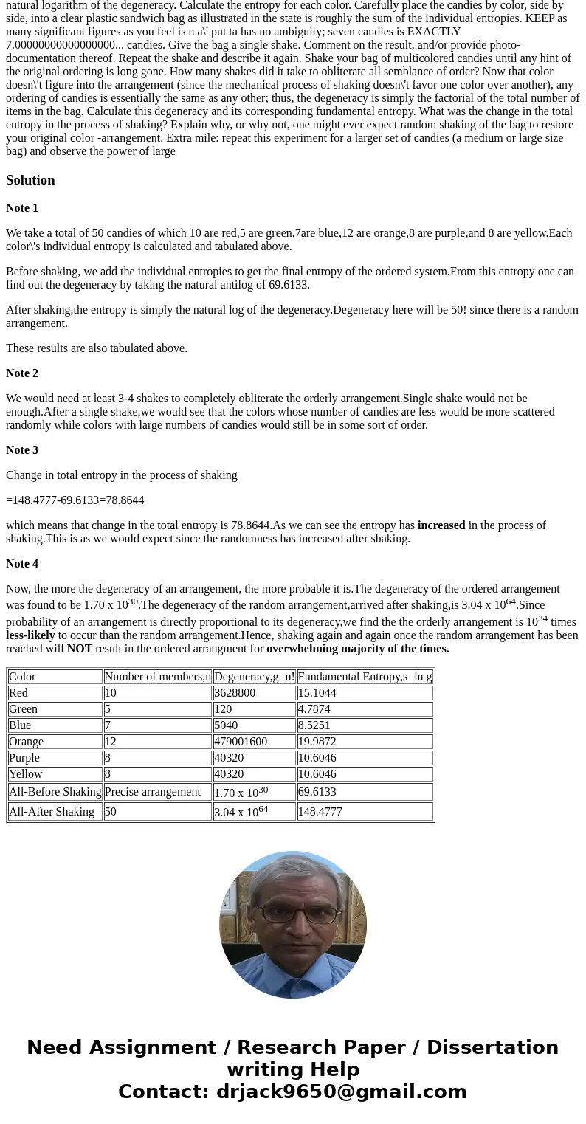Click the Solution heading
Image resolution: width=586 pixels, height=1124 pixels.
pyautogui.click(x=30, y=180)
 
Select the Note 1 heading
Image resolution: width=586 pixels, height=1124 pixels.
pyautogui.click(x=22, y=208)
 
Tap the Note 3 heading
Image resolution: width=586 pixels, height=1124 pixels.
pyautogui.click(x=22, y=450)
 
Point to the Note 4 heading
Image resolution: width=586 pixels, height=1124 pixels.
pyautogui.click(x=22, y=564)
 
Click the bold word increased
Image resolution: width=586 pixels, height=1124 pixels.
pyautogui.click(x=441, y=525)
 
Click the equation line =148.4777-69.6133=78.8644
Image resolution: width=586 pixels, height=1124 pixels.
pyautogui.click(x=75, y=500)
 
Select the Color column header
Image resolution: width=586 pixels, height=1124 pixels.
pyautogui.click(x=22, y=677)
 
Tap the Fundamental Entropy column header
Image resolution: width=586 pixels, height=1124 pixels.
pyautogui.click(x=365, y=677)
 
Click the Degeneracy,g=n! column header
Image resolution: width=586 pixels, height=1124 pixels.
pyautogui.click(x=254, y=677)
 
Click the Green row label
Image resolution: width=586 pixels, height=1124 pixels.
pyautogui.click(x=23, y=709)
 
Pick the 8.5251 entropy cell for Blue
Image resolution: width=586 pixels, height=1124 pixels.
pyautogui.click(x=314, y=725)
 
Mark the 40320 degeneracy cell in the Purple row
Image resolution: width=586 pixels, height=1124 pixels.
pyautogui.click(x=230, y=758)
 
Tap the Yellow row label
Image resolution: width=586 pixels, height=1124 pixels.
pyautogui.click(x=26, y=774)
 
